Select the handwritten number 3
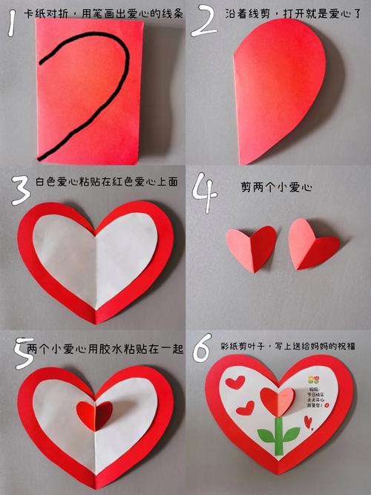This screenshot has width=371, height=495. (20, 190)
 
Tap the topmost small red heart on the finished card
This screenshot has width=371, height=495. (235, 382)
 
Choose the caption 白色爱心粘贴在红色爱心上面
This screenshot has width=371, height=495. (106, 182)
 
